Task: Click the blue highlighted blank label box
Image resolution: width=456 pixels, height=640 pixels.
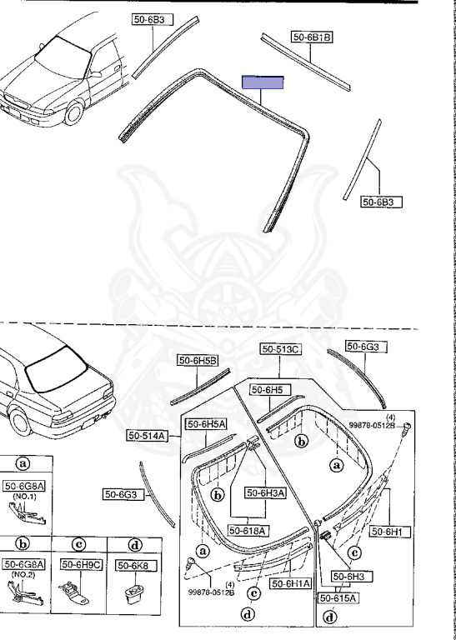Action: click(x=263, y=82)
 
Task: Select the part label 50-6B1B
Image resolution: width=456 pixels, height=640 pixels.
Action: click(x=312, y=37)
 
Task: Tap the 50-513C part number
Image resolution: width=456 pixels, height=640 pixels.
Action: click(x=281, y=349)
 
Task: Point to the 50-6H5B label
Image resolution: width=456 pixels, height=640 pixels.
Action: click(x=198, y=360)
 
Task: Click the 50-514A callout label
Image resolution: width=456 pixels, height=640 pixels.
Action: click(x=147, y=436)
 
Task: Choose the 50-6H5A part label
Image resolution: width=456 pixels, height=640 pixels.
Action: click(x=206, y=424)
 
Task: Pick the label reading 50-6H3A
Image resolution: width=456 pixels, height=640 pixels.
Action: click(x=265, y=493)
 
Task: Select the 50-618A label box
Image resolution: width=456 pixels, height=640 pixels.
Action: click(x=248, y=530)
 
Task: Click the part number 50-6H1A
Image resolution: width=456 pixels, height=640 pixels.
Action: click(x=291, y=583)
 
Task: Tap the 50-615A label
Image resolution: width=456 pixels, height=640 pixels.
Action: click(x=338, y=598)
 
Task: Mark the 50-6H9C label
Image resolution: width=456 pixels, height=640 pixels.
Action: click(x=81, y=564)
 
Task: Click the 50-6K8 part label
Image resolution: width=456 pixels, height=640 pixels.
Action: click(x=133, y=565)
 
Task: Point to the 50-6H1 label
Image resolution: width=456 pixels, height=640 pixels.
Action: click(x=390, y=532)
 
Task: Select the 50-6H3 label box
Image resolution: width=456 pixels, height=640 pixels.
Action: click(x=348, y=577)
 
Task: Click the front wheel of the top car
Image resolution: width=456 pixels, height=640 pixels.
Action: click(x=74, y=113)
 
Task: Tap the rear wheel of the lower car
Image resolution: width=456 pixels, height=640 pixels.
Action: click(x=20, y=422)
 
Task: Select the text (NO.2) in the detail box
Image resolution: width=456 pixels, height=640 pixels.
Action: click(x=24, y=574)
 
